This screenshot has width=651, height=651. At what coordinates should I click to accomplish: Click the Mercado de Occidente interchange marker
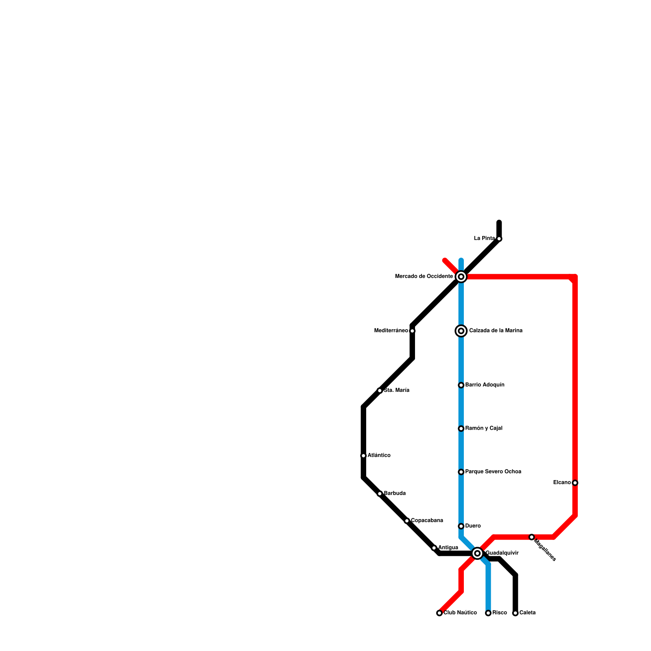click(461, 277)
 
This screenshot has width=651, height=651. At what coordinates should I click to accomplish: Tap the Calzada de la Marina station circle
click(461, 331)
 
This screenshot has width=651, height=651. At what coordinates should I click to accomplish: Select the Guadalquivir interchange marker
click(478, 553)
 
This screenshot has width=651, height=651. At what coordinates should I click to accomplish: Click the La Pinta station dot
click(499, 238)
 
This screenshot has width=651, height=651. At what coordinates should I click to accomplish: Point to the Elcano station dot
click(575, 483)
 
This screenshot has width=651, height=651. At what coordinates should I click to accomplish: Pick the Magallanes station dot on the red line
click(531, 537)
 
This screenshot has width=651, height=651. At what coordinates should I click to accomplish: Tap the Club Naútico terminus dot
click(439, 613)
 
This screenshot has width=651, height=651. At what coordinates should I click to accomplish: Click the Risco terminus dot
click(488, 613)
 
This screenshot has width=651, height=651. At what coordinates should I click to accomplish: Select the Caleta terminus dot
click(515, 613)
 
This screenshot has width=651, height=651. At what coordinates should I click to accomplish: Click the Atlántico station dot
click(363, 456)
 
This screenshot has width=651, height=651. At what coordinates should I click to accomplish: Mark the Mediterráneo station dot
click(412, 331)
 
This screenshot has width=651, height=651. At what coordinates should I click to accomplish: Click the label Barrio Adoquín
click(485, 385)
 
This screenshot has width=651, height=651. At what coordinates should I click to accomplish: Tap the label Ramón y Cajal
click(484, 428)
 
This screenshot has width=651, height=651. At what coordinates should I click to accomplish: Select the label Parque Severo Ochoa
click(493, 472)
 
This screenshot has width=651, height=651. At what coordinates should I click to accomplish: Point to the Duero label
click(473, 526)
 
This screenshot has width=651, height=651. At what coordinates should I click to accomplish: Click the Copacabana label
click(427, 521)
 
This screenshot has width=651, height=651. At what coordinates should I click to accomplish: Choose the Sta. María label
click(396, 391)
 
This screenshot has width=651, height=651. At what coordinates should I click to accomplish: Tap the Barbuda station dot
click(380, 494)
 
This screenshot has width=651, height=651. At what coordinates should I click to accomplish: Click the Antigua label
click(448, 548)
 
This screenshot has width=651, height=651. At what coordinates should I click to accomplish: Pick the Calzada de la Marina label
click(496, 331)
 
